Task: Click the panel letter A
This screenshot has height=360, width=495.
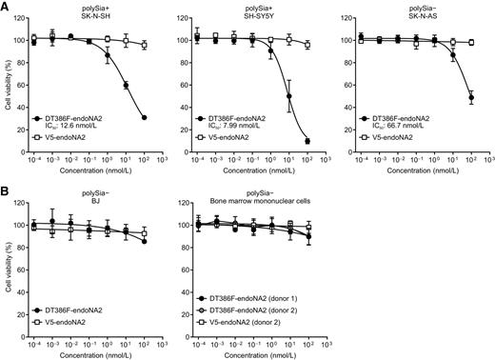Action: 6,7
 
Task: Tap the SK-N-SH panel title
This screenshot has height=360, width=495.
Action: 93,20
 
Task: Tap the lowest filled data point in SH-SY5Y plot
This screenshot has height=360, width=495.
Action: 307,141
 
